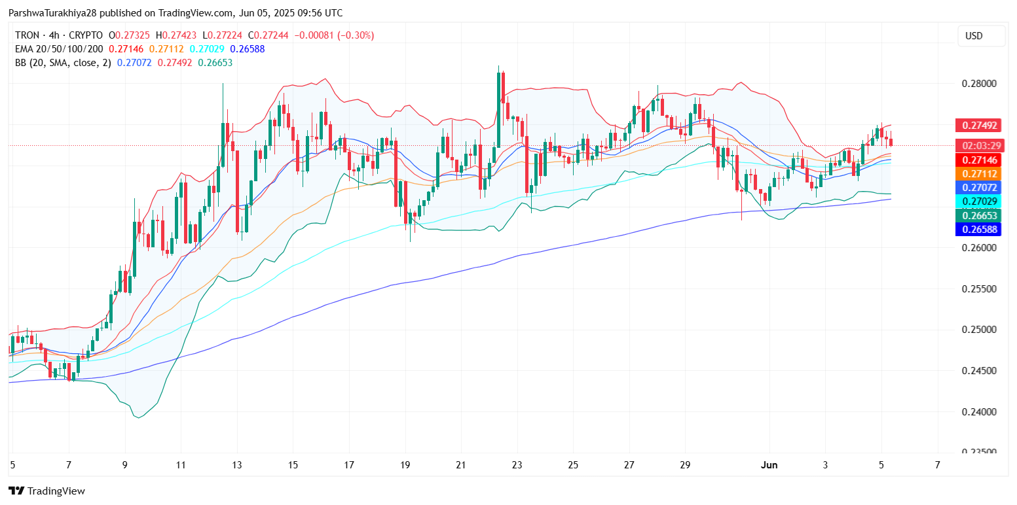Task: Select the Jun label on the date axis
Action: pyautogui.click(x=769, y=465)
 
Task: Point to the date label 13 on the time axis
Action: pyautogui.click(x=236, y=465)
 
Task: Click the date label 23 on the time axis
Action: pyautogui.click(x=517, y=465)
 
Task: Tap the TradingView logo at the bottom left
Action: pyautogui.click(x=46, y=491)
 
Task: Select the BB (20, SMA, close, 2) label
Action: pyautogui.click(x=62, y=63)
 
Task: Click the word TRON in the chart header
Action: pyautogui.click(x=27, y=35)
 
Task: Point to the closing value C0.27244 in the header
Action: pyautogui.click(x=274, y=35)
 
